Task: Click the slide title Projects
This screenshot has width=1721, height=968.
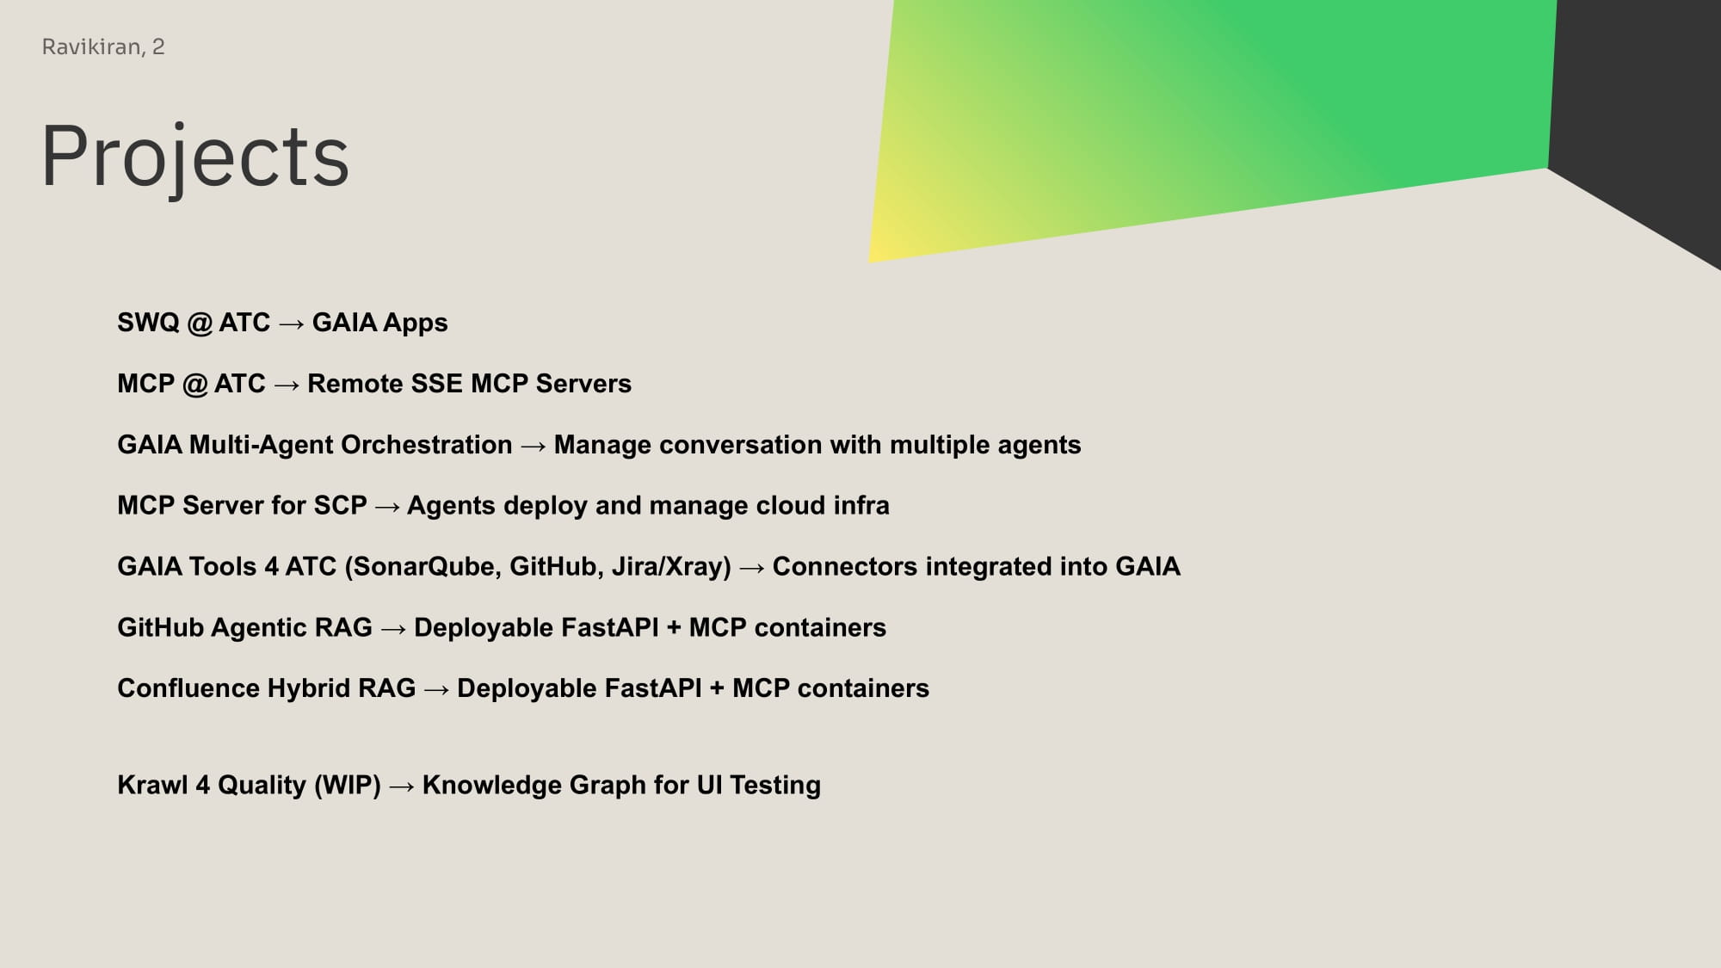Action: (195, 157)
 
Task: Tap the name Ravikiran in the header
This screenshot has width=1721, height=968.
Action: (93, 47)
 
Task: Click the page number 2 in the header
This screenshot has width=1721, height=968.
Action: (158, 46)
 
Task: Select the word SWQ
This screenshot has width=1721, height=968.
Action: (148, 323)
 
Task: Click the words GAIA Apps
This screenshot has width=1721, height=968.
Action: (379, 324)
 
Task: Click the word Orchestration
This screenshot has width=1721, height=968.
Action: (426, 445)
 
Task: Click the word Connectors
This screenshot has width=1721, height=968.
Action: (845, 566)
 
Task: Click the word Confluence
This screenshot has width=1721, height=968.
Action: (188, 688)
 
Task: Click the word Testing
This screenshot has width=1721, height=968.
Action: (775, 786)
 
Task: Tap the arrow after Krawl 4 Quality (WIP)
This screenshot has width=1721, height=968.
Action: (402, 786)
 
